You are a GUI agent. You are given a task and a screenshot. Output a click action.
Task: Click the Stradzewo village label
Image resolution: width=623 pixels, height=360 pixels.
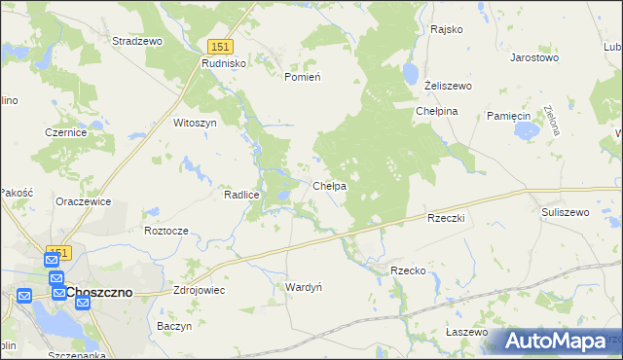pos(137,42)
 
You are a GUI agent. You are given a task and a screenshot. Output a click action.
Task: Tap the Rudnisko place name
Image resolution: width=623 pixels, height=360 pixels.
pos(225,62)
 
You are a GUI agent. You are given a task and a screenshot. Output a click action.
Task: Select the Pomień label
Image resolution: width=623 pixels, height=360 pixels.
pos(302,77)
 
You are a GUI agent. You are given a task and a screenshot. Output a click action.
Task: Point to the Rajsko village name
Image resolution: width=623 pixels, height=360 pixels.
pos(446,29)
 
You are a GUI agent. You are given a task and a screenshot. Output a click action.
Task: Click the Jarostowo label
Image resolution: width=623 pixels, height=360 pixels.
pos(534,58)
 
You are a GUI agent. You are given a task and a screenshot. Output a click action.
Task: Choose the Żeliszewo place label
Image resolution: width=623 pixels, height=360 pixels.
pos(448,86)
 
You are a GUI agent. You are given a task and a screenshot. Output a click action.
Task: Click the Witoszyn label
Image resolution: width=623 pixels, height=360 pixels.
pos(194,124)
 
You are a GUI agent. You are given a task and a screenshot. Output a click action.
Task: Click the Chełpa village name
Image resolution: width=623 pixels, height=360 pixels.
pos(330,186)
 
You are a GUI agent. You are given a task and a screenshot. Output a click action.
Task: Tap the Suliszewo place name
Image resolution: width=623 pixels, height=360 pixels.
pos(566,211)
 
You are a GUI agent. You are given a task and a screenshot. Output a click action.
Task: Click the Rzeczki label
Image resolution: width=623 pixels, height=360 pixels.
pos(449,219)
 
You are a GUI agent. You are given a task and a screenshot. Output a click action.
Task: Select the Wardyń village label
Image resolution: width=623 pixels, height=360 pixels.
pos(303,287)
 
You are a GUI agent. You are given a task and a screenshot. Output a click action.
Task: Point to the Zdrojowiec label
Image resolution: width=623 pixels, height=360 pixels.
pos(199,290)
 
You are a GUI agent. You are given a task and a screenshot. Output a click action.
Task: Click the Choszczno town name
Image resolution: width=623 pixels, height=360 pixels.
pos(105,292)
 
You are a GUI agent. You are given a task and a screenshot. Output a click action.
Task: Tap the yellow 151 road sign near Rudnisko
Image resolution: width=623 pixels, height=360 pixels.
pos(221,47)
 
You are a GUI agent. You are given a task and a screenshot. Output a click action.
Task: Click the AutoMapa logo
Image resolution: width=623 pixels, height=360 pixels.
pos(555,341)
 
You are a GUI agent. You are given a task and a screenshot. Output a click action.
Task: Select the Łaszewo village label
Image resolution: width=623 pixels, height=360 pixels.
pos(466,332)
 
